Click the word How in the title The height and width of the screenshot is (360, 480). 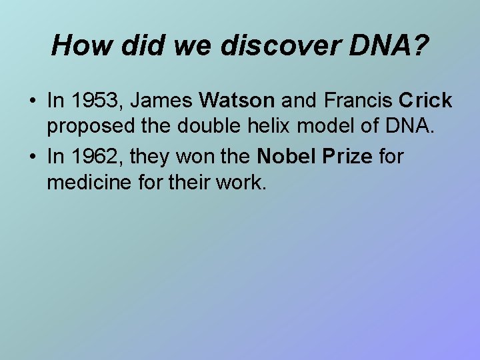point(77,45)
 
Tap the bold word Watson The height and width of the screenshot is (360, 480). point(237,101)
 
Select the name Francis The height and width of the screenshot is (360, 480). point(357,101)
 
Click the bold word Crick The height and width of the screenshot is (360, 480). point(425,101)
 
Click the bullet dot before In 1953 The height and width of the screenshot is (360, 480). point(32,101)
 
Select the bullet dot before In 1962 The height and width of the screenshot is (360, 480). point(32,157)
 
